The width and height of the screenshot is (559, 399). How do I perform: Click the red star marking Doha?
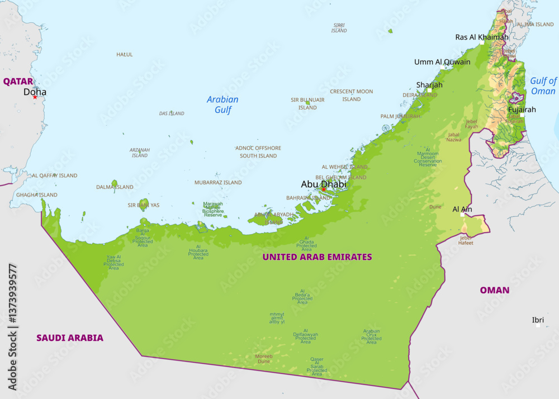35,97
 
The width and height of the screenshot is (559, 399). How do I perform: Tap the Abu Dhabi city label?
323,184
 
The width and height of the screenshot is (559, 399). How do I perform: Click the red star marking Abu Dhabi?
323,189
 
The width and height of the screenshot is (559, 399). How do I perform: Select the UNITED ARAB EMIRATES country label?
317,257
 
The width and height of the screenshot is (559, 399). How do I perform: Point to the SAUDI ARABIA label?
70,338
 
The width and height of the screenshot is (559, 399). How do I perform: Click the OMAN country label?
494,290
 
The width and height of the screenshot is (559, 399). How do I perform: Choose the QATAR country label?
18,82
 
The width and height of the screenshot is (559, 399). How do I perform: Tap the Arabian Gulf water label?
222,104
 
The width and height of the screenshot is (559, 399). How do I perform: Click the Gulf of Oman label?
543,86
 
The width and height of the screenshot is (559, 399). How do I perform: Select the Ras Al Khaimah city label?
482,37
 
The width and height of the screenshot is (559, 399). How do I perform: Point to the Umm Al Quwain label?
442,62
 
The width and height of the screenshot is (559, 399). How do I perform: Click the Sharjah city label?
429,85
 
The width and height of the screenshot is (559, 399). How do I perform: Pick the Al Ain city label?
462,209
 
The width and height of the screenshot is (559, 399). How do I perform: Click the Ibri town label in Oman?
538,320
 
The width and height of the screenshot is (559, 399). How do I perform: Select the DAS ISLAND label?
172,113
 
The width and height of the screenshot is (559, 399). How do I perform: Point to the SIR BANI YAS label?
144,205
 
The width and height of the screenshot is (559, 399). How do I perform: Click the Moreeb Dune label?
264,359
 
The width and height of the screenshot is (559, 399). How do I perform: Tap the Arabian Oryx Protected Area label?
371,336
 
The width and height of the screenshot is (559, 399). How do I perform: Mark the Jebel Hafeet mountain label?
466,240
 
